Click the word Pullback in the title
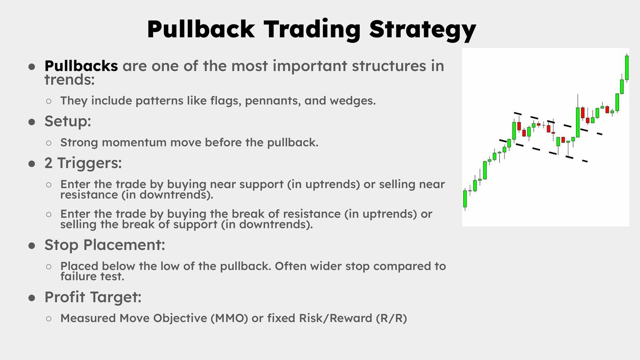(201, 29)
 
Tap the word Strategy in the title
(422, 30)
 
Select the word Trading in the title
(312, 30)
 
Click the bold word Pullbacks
(81, 66)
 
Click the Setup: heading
(68, 122)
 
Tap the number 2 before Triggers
(48, 163)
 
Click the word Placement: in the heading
(124, 245)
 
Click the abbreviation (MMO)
(230, 318)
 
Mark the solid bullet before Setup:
(32, 122)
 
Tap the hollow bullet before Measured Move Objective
(49, 319)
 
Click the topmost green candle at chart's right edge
(627, 68)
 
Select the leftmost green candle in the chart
(465, 199)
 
